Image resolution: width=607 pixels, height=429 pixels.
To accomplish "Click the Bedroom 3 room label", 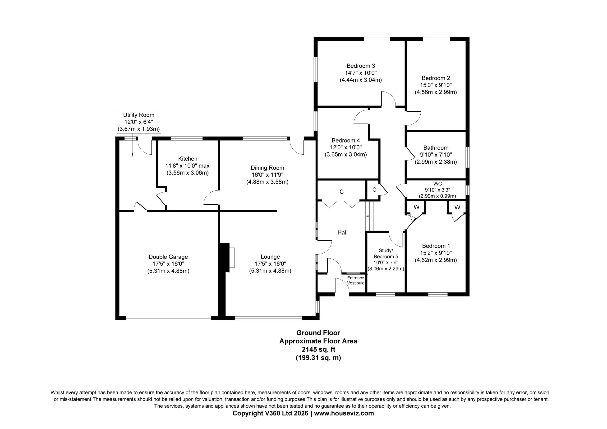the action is tap(361, 66).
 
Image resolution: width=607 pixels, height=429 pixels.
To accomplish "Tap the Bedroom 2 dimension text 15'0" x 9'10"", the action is tap(436, 85).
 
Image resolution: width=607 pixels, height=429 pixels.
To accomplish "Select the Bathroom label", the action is tap(436, 148).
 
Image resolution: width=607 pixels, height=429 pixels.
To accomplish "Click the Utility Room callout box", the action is tap(139, 122).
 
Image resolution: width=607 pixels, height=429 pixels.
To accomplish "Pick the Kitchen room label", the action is tap(188, 159).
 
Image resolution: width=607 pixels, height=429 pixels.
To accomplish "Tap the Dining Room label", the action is tap(267, 168).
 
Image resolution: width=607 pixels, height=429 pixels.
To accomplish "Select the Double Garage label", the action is tap(168, 257).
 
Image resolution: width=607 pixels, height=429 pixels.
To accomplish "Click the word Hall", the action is tap(342, 232).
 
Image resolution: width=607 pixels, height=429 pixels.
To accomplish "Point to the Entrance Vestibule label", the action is tap(356, 280).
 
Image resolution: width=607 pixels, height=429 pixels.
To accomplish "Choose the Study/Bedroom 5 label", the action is tap(386, 253).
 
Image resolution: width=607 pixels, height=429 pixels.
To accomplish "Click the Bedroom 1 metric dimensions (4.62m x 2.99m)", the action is tap(436, 260).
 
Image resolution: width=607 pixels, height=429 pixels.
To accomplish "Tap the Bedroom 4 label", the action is tap(346, 140).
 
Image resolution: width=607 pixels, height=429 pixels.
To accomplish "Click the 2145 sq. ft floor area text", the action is tap(319, 349).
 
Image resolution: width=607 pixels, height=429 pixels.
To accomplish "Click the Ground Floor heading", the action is tap(318, 333).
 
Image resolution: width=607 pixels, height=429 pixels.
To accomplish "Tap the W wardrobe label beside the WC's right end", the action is tap(457, 207).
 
